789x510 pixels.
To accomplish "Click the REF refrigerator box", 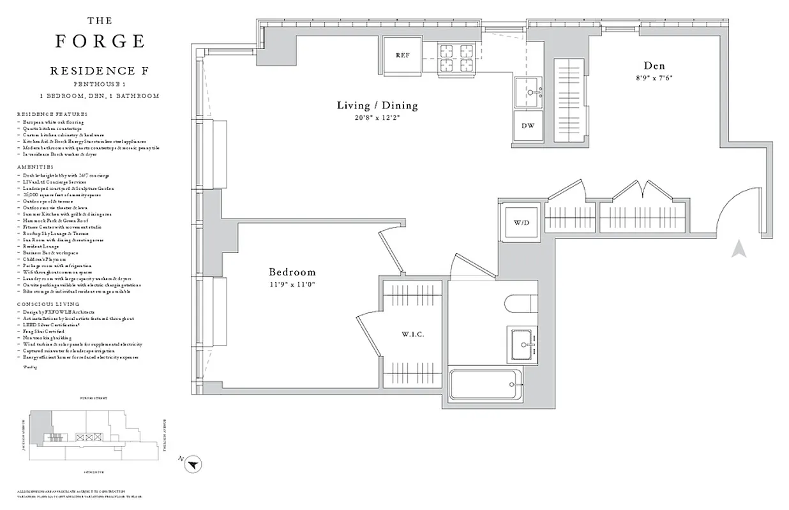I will [402, 55].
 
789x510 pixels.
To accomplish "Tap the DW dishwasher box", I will [528, 125].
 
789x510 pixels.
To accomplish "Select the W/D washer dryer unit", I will [521, 222].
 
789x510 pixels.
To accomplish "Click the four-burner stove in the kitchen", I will [456, 57].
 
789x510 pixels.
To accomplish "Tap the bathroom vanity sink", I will [522, 345].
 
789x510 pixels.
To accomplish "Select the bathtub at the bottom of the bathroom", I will [485, 387].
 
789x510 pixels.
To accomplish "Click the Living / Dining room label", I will [377, 105].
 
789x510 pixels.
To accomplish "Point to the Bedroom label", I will [292, 272].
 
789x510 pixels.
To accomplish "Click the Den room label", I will [654, 66].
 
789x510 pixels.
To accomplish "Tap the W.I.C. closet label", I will [413, 335].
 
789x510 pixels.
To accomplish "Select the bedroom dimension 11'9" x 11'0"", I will [292, 285].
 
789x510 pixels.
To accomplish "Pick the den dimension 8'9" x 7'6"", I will [654, 78].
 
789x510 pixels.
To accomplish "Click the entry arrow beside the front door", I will [739, 248].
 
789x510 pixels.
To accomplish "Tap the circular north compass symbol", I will [193, 465].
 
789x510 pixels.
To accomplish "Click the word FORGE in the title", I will [100, 41].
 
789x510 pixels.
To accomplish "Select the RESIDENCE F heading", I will [99, 71].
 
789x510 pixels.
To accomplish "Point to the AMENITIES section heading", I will [36, 166].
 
